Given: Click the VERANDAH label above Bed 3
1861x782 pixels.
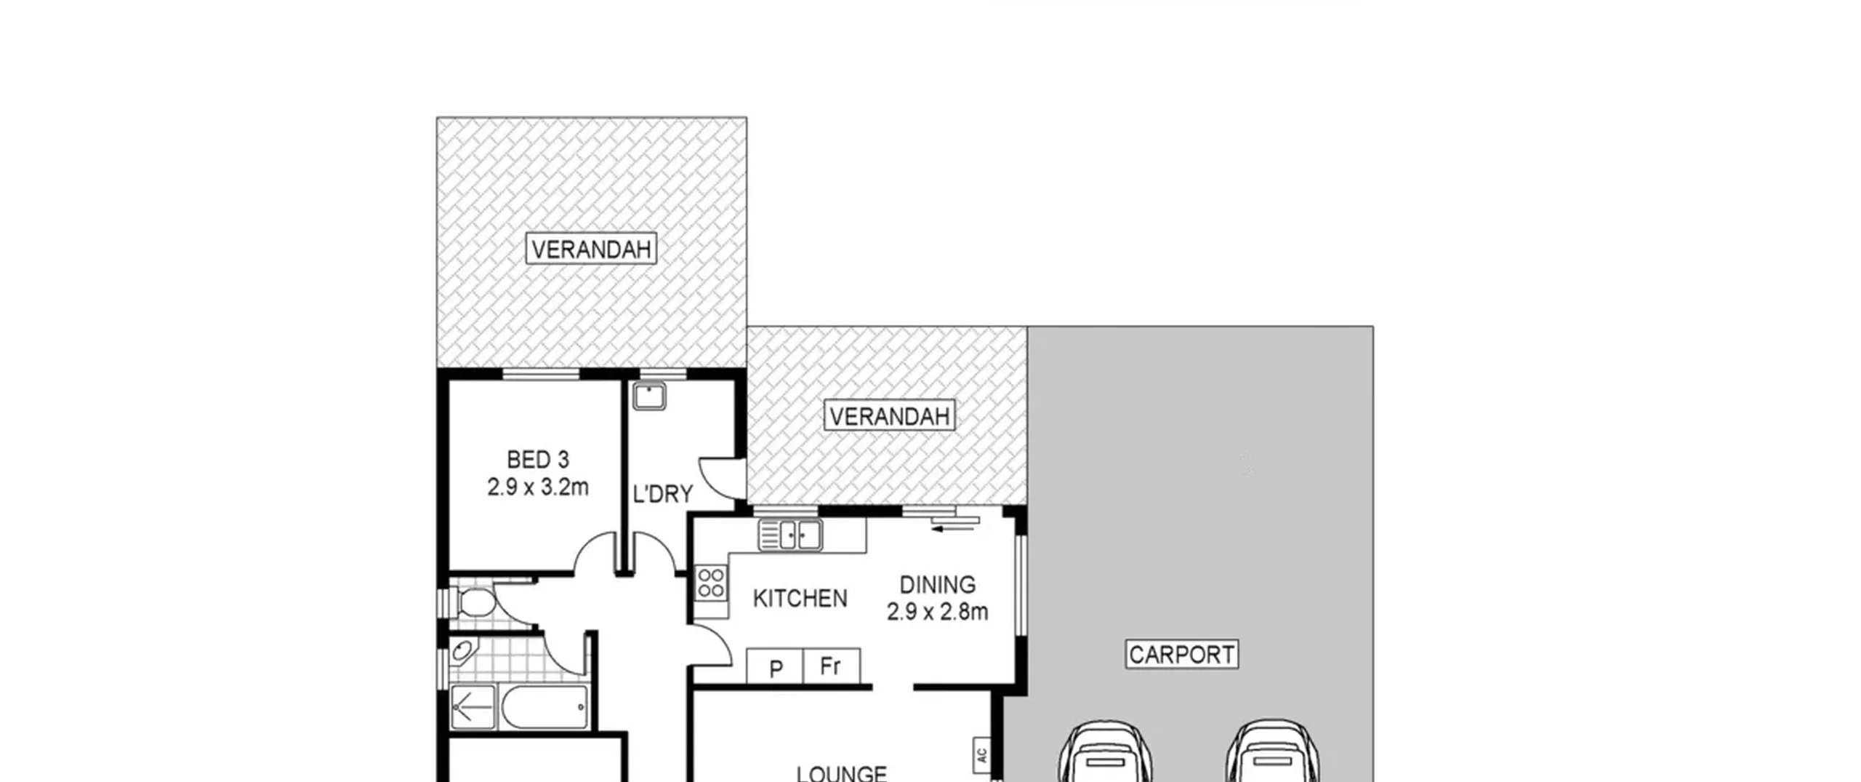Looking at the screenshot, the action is tap(591, 250).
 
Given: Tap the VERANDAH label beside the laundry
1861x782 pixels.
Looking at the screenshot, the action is tap(889, 416).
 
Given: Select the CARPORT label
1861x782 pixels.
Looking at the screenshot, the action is tap(1181, 655).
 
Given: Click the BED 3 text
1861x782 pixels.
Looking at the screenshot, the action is tap(538, 460).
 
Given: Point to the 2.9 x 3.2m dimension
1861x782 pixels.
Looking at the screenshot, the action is tap(538, 487).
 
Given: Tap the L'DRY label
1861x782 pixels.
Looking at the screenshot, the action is tap(662, 495).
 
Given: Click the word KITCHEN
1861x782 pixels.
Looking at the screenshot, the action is tap(800, 599).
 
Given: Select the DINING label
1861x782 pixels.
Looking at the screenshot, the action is tap(937, 585).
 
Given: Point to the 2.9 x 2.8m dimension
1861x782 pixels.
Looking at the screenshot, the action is tap(937, 612).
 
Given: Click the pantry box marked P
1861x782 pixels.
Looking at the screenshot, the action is tap(775, 666).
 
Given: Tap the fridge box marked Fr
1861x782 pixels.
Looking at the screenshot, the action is tap(832, 666).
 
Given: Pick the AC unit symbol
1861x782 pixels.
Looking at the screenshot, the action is tap(981, 755).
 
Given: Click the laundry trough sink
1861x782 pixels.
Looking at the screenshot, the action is tap(649, 397).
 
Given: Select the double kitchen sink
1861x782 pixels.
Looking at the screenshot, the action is tap(790, 535).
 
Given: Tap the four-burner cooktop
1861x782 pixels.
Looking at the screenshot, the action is tap(710, 583).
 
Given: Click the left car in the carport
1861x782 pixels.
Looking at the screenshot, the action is tap(1105, 752).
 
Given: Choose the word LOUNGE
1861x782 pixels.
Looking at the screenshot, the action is tap(841, 773).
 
